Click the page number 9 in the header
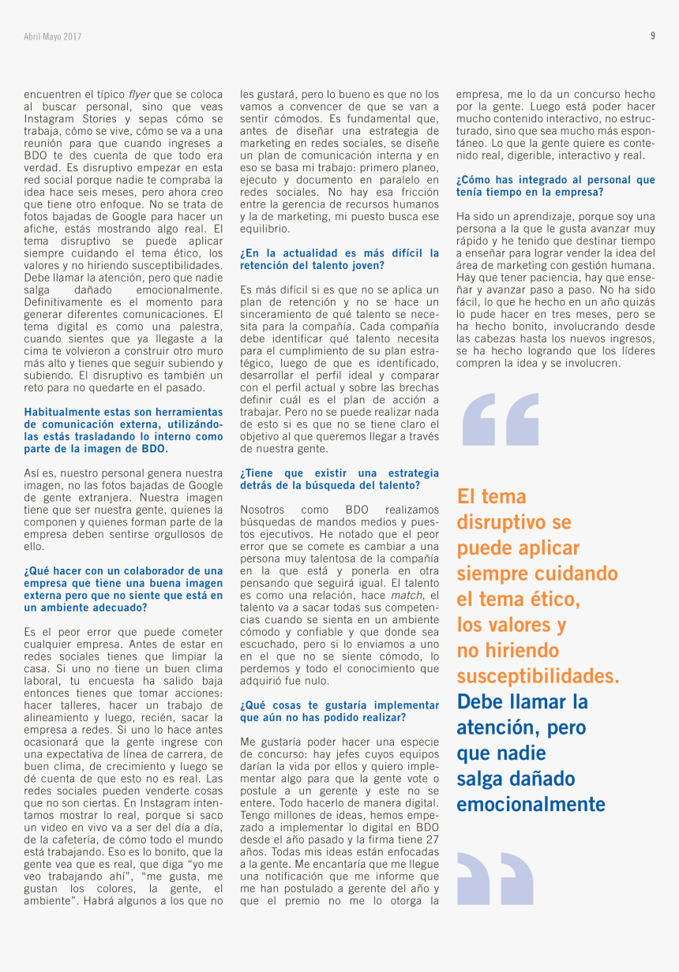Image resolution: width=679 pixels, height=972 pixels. [653, 36]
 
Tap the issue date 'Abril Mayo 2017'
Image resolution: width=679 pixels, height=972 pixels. [52, 36]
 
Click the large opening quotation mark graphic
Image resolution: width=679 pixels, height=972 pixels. [501, 420]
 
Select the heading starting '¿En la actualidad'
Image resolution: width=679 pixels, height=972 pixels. [339, 260]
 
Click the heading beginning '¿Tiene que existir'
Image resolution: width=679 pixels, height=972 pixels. [339, 480]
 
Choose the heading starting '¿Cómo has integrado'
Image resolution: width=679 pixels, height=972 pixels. [555, 186]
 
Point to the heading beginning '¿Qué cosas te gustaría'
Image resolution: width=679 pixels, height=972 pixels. [339, 712]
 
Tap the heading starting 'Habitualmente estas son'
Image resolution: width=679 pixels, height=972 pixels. [123, 430]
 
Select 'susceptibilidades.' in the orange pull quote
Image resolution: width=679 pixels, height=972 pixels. [538, 676]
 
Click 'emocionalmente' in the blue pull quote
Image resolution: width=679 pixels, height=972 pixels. [531, 804]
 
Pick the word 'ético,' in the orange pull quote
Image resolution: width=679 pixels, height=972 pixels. [551, 600]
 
